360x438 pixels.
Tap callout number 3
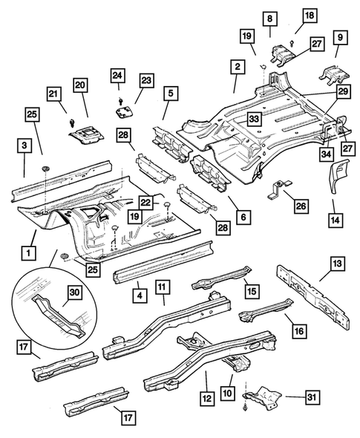point(24,146)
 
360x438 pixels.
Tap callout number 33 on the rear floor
point(253,118)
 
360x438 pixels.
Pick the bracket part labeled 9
point(330,73)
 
